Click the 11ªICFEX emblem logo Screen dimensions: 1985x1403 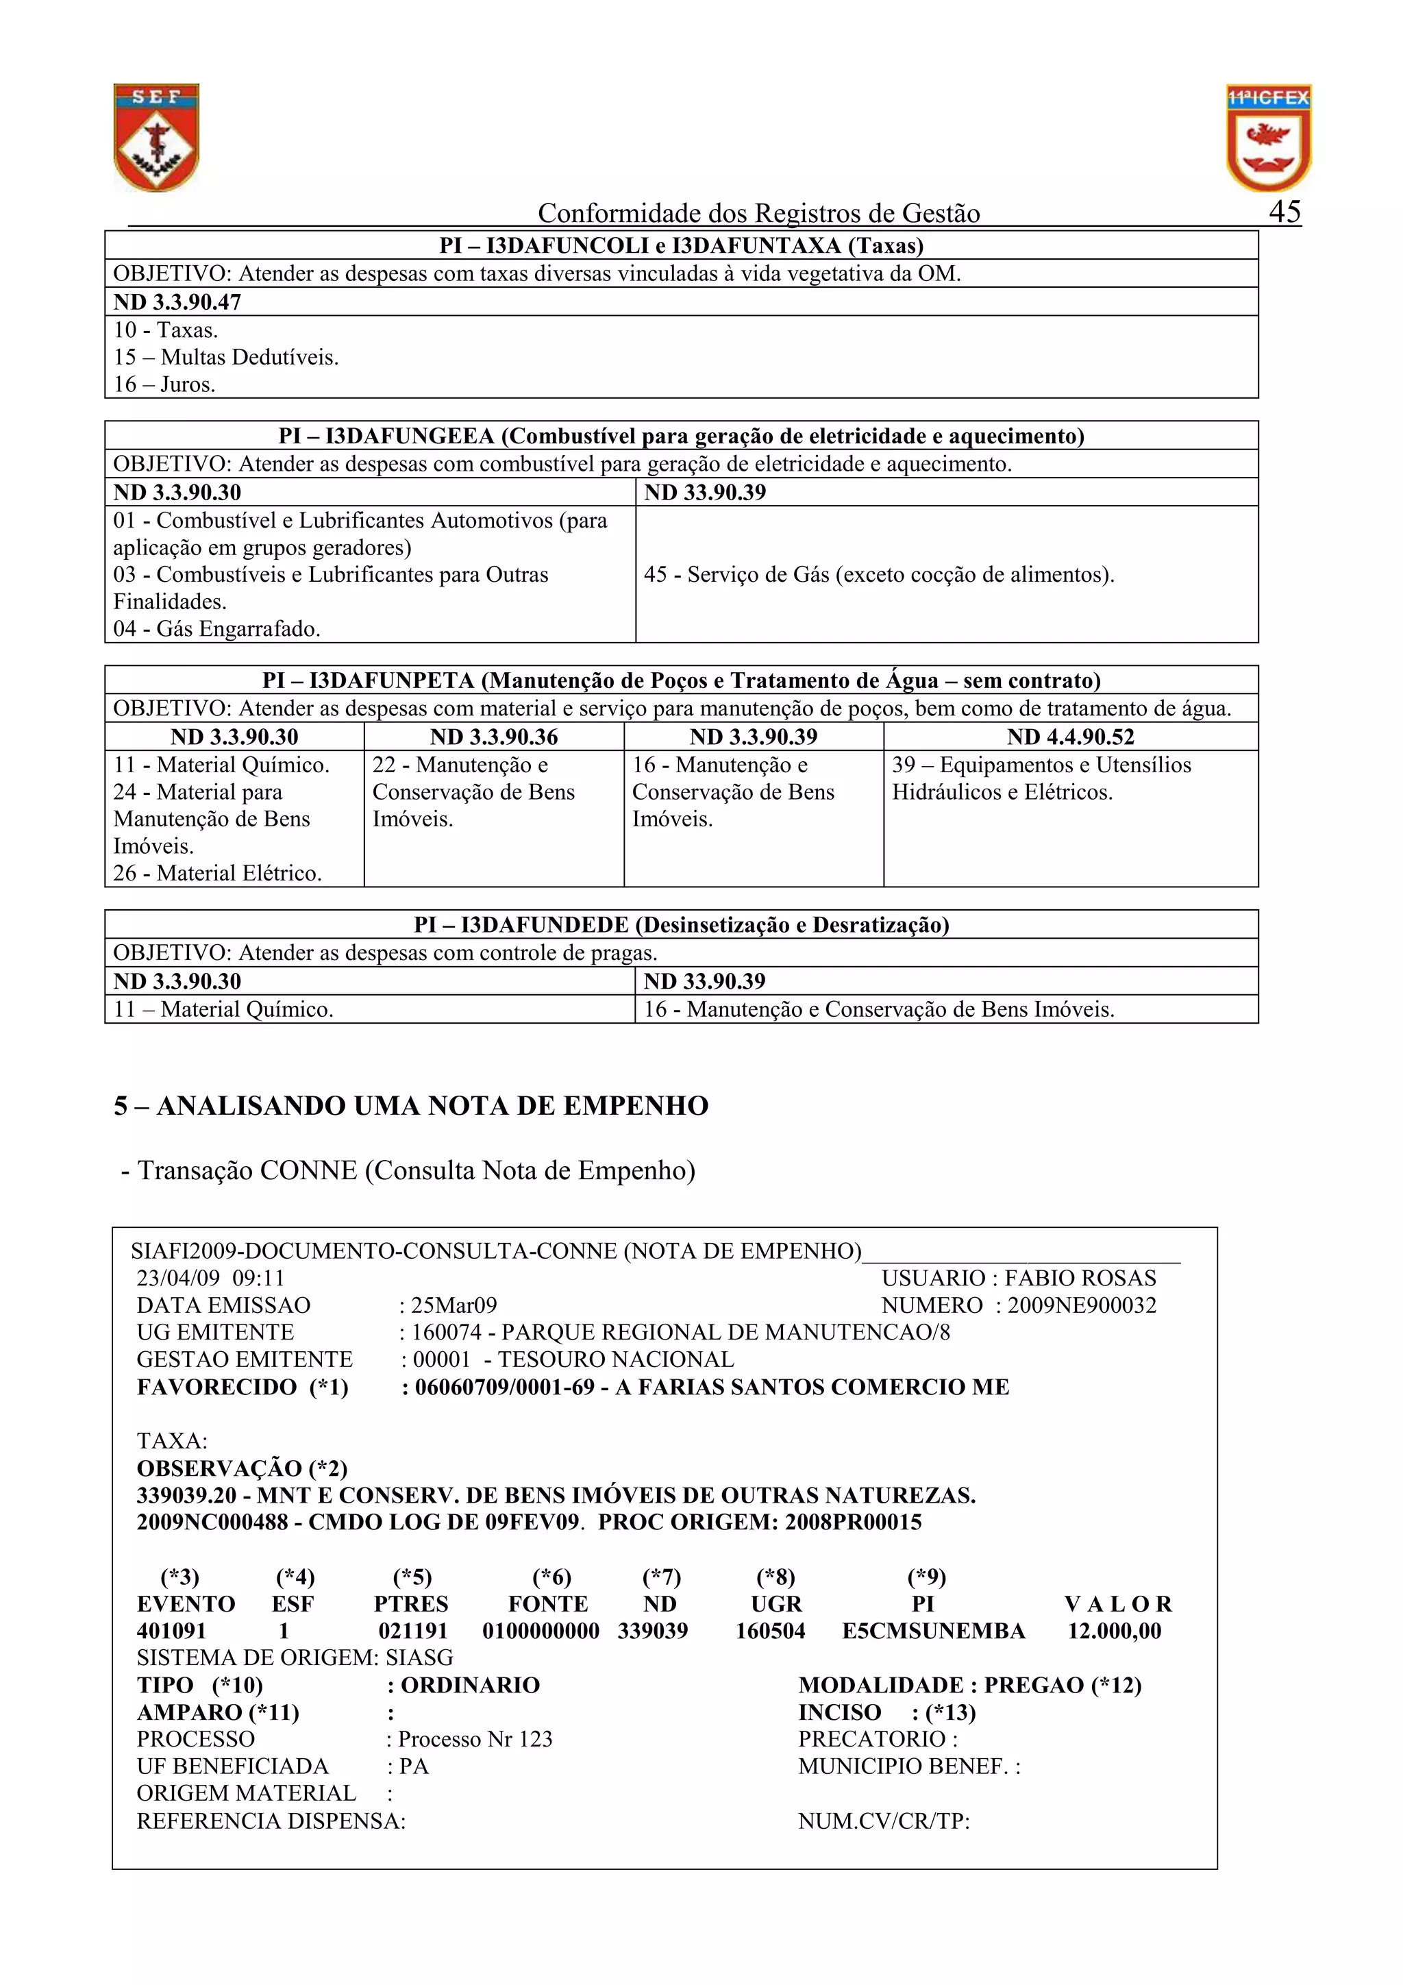(1268, 138)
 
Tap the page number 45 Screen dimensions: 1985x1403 (1284, 212)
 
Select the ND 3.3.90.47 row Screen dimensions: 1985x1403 (177, 301)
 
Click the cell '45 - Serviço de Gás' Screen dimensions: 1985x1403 (878, 575)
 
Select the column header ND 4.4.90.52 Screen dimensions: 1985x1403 (1070, 737)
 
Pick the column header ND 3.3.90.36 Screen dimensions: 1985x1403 (494, 737)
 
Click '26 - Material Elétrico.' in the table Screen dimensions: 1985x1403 (217, 873)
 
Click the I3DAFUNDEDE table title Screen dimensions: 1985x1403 (681, 925)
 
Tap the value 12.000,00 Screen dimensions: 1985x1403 (1115, 1631)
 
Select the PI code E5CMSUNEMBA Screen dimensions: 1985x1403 (933, 1631)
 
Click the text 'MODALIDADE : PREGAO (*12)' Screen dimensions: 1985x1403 (969, 1685)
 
